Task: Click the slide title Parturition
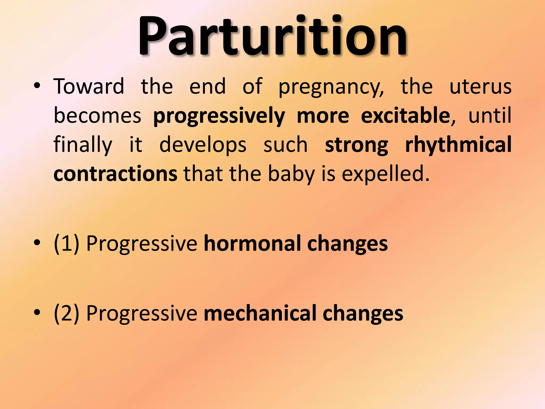(x=272, y=36)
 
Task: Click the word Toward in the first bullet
(x=89, y=87)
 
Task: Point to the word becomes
(x=97, y=116)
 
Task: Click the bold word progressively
(x=219, y=117)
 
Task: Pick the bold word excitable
(x=405, y=116)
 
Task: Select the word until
(x=490, y=116)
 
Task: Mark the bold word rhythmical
(x=458, y=145)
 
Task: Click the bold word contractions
(x=115, y=174)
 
